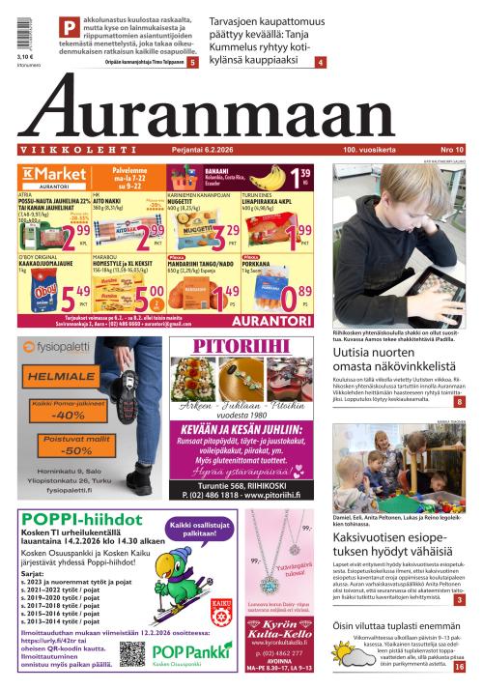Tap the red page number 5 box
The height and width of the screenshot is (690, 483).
[193, 62]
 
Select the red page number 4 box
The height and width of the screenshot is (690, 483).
[320, 62]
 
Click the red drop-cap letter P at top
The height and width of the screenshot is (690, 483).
[70, 27]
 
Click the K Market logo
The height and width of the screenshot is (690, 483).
[41, 173]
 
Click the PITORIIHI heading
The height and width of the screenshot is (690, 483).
[241, 347]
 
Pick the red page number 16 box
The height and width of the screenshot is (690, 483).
[459, 666]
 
